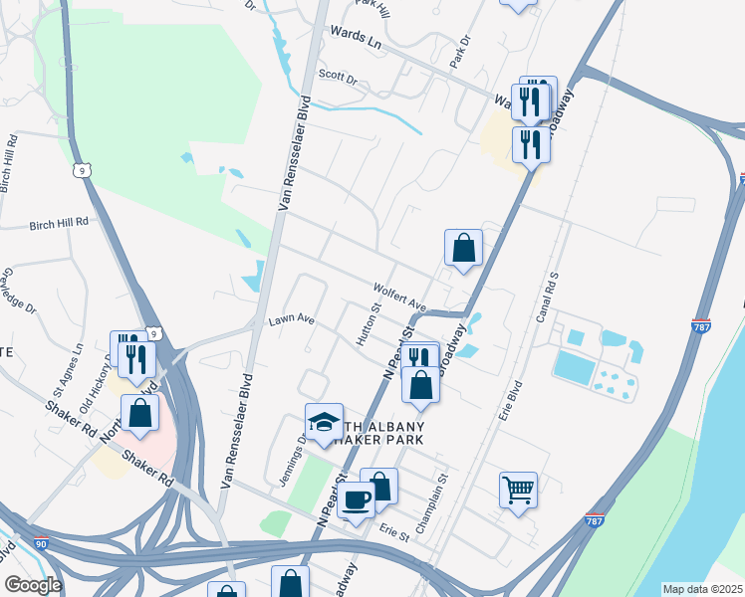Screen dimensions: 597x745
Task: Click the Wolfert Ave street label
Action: pos(399,297)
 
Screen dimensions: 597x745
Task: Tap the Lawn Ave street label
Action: pos(292,320)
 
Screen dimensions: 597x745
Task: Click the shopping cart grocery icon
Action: pos(518,489)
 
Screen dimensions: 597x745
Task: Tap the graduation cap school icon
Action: pos(324,423)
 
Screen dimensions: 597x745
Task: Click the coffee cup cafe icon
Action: pos(357,499)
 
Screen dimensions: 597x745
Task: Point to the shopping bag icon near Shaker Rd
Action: pos(139,413)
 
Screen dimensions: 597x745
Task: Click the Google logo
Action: pos(33,585)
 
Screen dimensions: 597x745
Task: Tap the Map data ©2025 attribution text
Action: pos(702,589)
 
